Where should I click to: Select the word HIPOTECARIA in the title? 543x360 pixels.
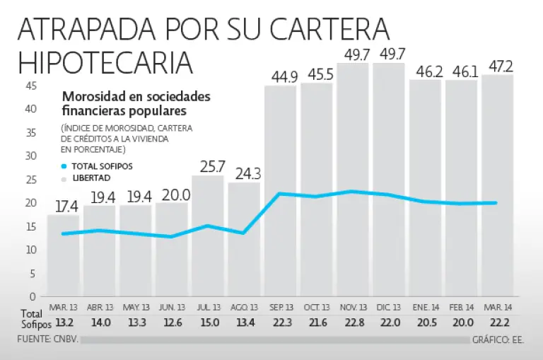click(105, 62)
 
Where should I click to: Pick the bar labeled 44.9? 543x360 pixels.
click(281, 191)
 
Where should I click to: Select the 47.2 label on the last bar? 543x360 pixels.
click(498, 66)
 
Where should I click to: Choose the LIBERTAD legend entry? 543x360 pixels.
click(91, 178)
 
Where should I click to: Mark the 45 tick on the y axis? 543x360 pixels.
click(31, 86)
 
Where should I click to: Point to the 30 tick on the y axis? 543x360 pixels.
click(31, 156)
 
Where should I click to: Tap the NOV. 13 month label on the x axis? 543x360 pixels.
click(353, 308)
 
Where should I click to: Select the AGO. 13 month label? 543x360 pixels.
click(244, 308)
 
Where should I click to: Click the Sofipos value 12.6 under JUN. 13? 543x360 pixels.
click(172, 322)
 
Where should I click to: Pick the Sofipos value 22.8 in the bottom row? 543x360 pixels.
click(353, 322)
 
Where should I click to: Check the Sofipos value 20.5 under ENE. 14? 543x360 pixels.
click(425, 322)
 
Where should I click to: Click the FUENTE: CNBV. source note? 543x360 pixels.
click(49, 339)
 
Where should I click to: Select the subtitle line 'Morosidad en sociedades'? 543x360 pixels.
click(136, 97)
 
